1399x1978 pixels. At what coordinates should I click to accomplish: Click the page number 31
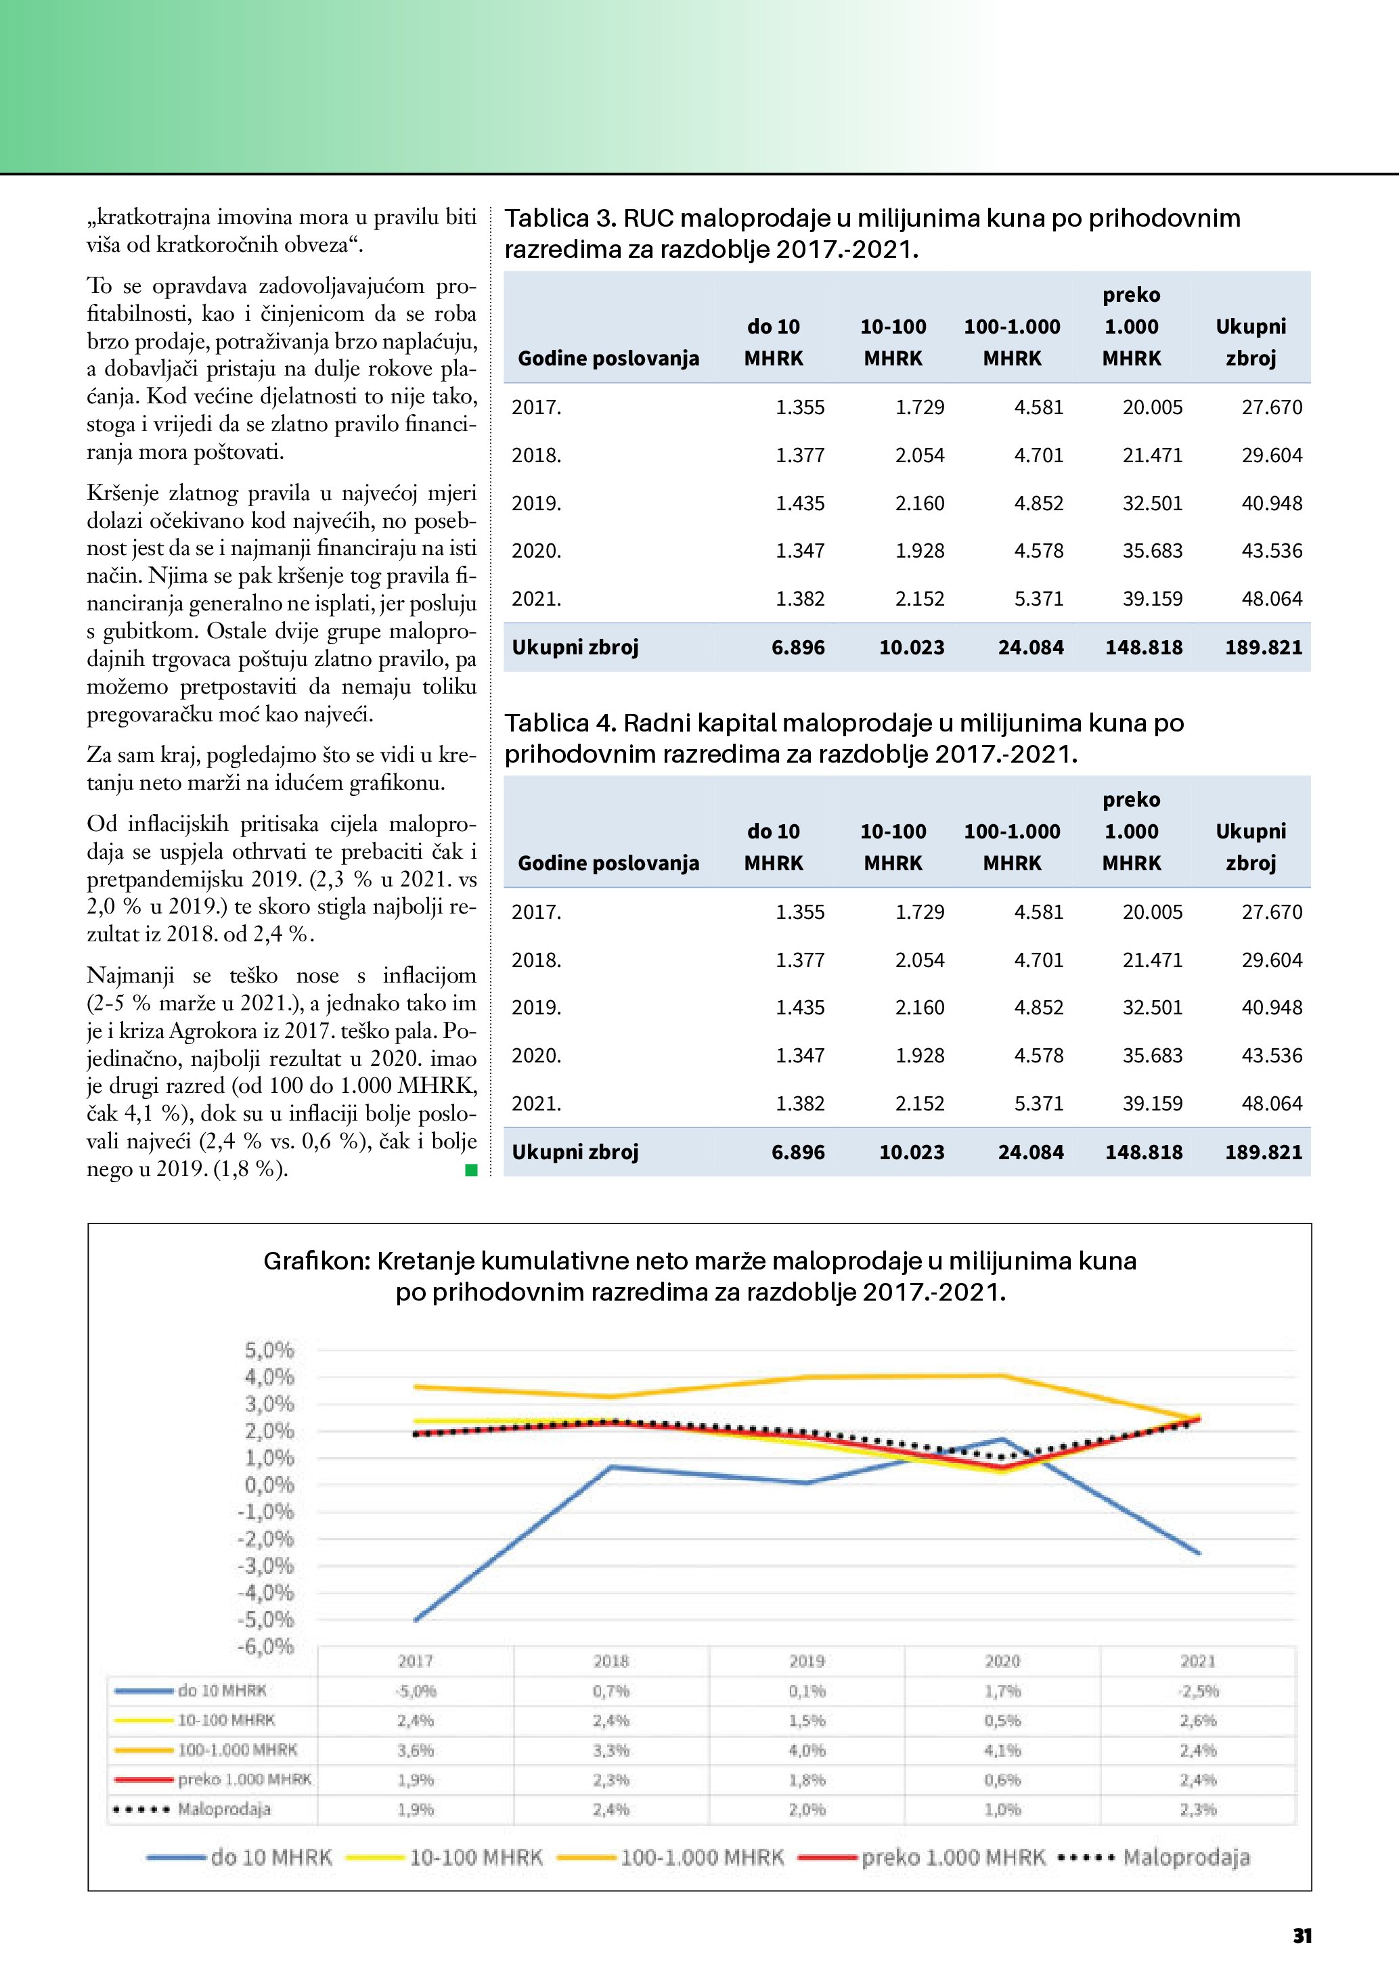pos(1302,1936)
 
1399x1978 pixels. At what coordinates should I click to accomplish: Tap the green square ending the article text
pos(471,1169)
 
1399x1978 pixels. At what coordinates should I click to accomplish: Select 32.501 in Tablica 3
pos(1152,503)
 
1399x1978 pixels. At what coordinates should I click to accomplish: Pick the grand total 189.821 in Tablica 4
pos(1263,1152)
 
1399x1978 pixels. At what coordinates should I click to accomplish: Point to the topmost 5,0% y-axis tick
pos(269,1350)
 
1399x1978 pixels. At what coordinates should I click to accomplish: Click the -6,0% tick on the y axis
pos(266,1646)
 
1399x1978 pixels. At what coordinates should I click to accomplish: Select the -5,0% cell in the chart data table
pos(416,1691)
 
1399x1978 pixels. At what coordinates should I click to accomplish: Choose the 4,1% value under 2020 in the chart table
pos(1003,1750)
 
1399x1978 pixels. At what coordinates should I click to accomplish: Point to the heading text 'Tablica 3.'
pos(560,219)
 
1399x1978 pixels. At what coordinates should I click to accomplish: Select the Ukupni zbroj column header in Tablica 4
pos(1250,847)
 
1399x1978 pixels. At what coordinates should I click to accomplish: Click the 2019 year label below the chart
pos(806,1661)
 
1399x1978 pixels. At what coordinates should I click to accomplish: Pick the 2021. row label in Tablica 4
pos(536,1104)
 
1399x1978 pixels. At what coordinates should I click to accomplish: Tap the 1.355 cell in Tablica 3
pos(799,407)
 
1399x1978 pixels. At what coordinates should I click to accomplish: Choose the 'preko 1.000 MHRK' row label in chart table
pos(244,1779)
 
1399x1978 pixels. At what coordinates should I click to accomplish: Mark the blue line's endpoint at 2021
pos(1198,1553)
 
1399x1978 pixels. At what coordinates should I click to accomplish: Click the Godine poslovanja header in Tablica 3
pos(608,359)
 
